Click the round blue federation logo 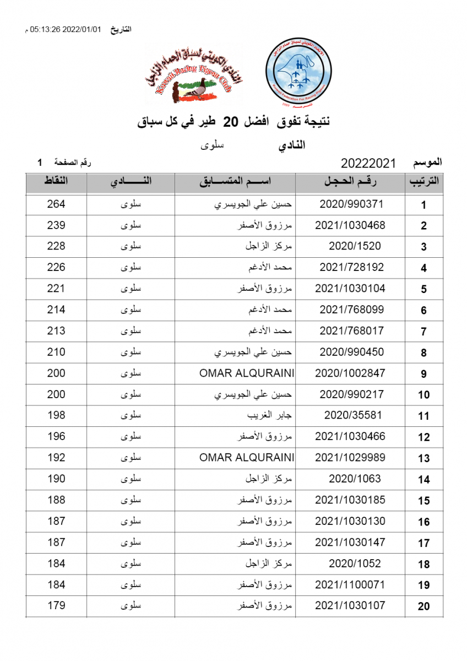click(298, 73)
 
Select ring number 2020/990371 click(351, 204)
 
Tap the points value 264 click(56, 204)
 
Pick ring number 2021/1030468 click(350, 225)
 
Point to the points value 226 click(56, 268)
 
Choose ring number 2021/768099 click(351, 310)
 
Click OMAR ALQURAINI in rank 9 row click(247, 373)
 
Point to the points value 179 click(56, 606)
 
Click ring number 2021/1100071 click(350, 584)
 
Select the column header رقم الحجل click(351, 182)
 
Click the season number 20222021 click(368, 164)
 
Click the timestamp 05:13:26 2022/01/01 click(66, 29)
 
